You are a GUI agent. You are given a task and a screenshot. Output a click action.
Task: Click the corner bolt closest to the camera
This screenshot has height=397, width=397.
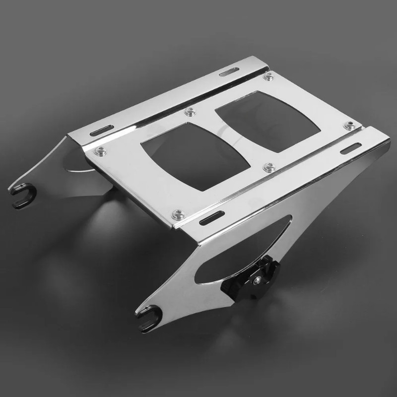pyautogui.click(x=177, y=214)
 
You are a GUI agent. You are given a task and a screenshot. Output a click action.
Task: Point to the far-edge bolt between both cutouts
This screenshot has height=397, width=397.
pyautogui.click(x=189, y=112)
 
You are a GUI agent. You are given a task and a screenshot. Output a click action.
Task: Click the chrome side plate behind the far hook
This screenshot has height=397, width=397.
pyautogui.click(x=74, y=164)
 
